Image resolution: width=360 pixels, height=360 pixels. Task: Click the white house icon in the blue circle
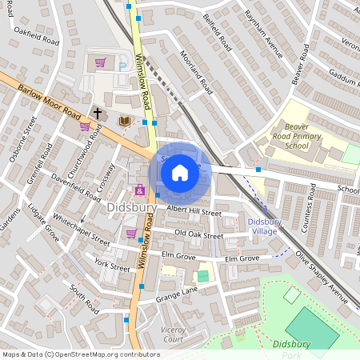click(x=180, y=172)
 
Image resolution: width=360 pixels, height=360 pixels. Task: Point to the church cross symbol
click(x=98, y=114)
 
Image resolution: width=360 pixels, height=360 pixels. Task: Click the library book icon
click(x=125, y=121)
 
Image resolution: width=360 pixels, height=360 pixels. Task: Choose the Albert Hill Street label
click(x=194, y=212)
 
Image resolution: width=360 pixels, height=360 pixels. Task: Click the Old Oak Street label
click(x=199, y=235)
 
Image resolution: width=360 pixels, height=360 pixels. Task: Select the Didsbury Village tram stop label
click(x=262, y=226)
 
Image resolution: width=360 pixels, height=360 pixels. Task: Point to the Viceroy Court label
click(x=173, y=334)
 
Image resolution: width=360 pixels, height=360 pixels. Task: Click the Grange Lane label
click(x=177, y=297)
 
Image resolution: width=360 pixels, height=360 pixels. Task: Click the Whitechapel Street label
click(x=81, y=228)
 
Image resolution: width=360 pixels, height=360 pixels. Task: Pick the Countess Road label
click(x=308, y=207)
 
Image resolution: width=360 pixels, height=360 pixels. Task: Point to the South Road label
click(x=83, y=298)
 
